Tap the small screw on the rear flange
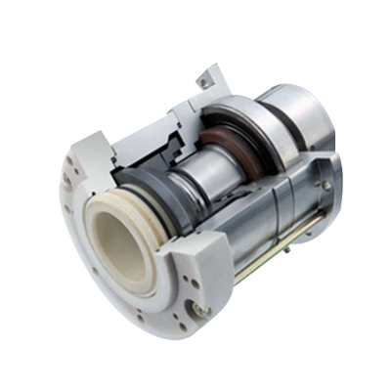coord(326,185)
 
